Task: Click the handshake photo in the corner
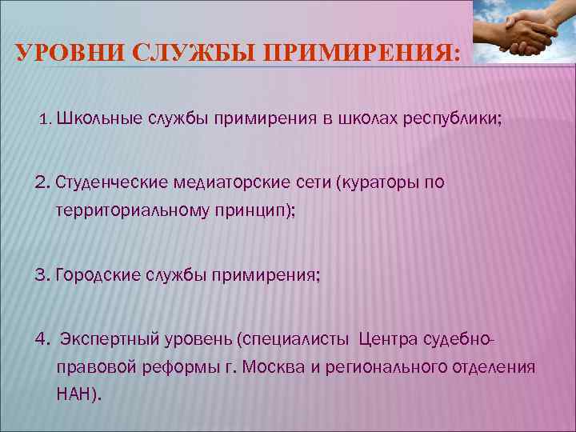523,32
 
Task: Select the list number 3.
42,276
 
